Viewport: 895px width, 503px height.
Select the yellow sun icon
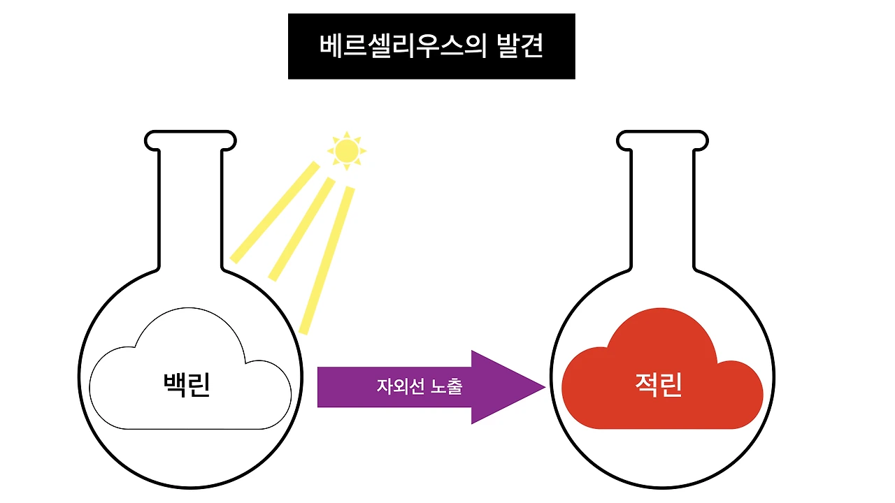345,150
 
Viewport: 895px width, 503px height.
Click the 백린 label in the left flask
186,385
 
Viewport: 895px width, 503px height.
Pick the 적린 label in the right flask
658,385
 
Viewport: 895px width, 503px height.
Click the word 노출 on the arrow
446,386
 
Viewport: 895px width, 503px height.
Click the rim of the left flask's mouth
190,132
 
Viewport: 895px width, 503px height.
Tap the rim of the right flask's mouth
661,132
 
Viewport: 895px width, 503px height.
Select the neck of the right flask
661,210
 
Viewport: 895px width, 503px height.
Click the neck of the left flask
190,210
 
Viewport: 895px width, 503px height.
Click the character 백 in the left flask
174,385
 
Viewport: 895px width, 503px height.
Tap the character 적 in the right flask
646,385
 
